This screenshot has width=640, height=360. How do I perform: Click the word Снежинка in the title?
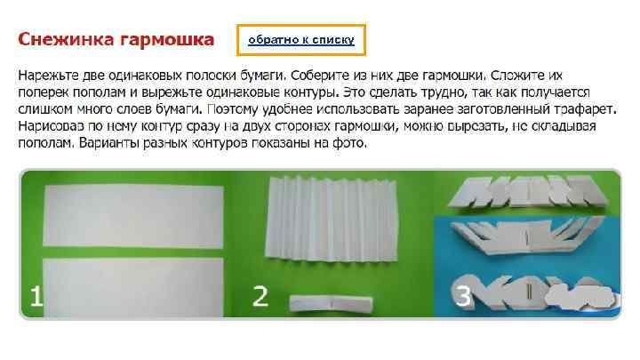coord(63,40)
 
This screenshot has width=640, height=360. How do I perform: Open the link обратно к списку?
coord(301,39)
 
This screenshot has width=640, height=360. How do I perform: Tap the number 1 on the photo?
coord(36,297)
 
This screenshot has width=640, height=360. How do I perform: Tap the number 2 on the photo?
coord(260,297)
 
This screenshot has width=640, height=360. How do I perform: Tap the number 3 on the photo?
coord(462,297)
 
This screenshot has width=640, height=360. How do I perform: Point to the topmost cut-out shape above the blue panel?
coord(524,192)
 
